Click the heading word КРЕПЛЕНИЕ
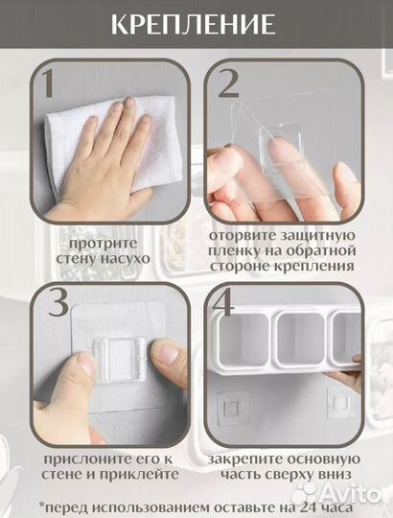pos(193,24)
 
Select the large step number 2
pos(228,83)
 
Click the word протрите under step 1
pos(104,245)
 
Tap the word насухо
pos(125,258)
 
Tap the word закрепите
pos(245,459)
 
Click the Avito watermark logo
pos(337,494)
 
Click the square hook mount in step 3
pos(120,361)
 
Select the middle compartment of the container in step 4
pos(300,339)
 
